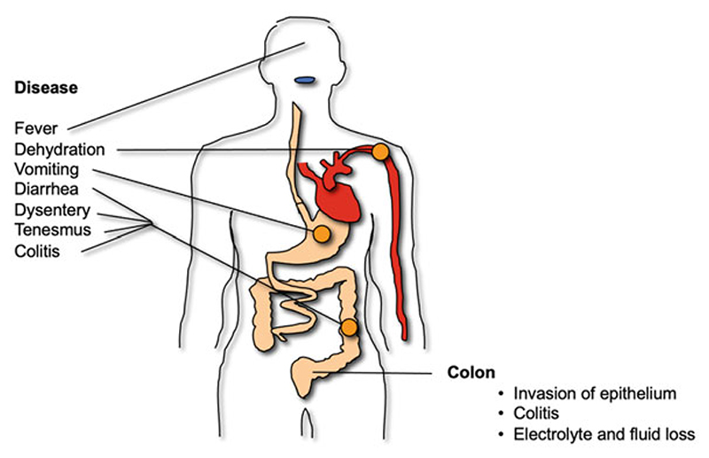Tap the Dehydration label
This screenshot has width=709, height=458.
click(58, 150)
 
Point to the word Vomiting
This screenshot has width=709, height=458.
click(47, 170)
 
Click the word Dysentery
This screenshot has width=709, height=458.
click(52, 210)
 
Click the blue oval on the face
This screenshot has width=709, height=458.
click(306, 81)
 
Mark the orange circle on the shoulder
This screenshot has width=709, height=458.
click(381, 151)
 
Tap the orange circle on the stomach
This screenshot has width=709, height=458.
click(321, 234)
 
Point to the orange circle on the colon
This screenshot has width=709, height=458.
click(349, 328)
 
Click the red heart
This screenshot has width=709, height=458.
click(338, 190)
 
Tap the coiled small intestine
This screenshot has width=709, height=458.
click(297, 306)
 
